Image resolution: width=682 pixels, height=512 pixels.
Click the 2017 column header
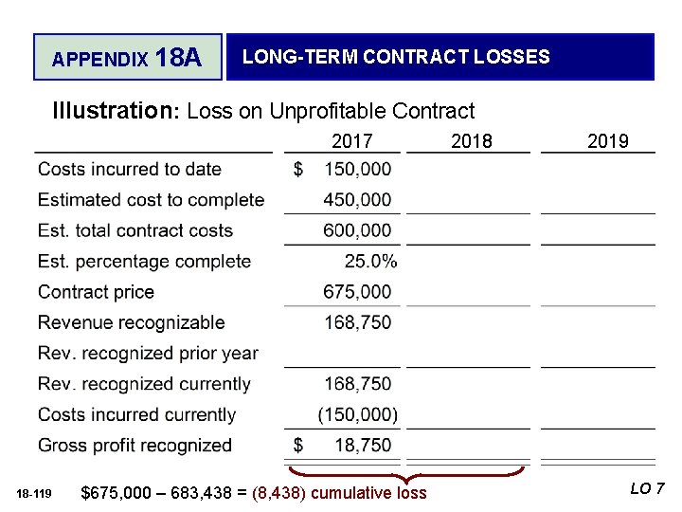pos(351,141)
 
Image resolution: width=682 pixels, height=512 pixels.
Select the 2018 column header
pos(472,141)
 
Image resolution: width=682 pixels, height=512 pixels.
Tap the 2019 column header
pos(607,141)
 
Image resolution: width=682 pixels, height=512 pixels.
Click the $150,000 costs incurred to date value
pos(344,170)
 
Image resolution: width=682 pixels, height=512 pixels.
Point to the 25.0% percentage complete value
pos(371,262)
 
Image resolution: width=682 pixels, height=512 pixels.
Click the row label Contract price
pos(96,292)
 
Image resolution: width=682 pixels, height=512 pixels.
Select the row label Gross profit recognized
pos(135,446)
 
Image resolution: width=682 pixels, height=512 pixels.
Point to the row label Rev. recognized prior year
pos(148,354)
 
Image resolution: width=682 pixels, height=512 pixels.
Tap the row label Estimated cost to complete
pos(151,200)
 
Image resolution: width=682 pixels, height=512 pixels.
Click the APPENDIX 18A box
pos(127,58)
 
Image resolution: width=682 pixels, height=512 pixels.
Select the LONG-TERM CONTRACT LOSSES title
pos(396,57)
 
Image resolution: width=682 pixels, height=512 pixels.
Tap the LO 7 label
pos(647,489)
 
